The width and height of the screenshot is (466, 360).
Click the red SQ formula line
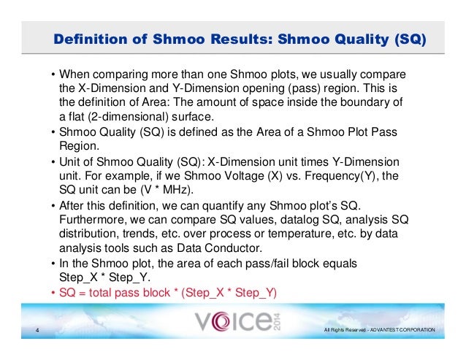[169, 292]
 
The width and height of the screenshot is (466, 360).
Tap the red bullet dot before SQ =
[53, 292]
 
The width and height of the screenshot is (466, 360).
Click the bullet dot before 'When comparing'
[53, 75]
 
